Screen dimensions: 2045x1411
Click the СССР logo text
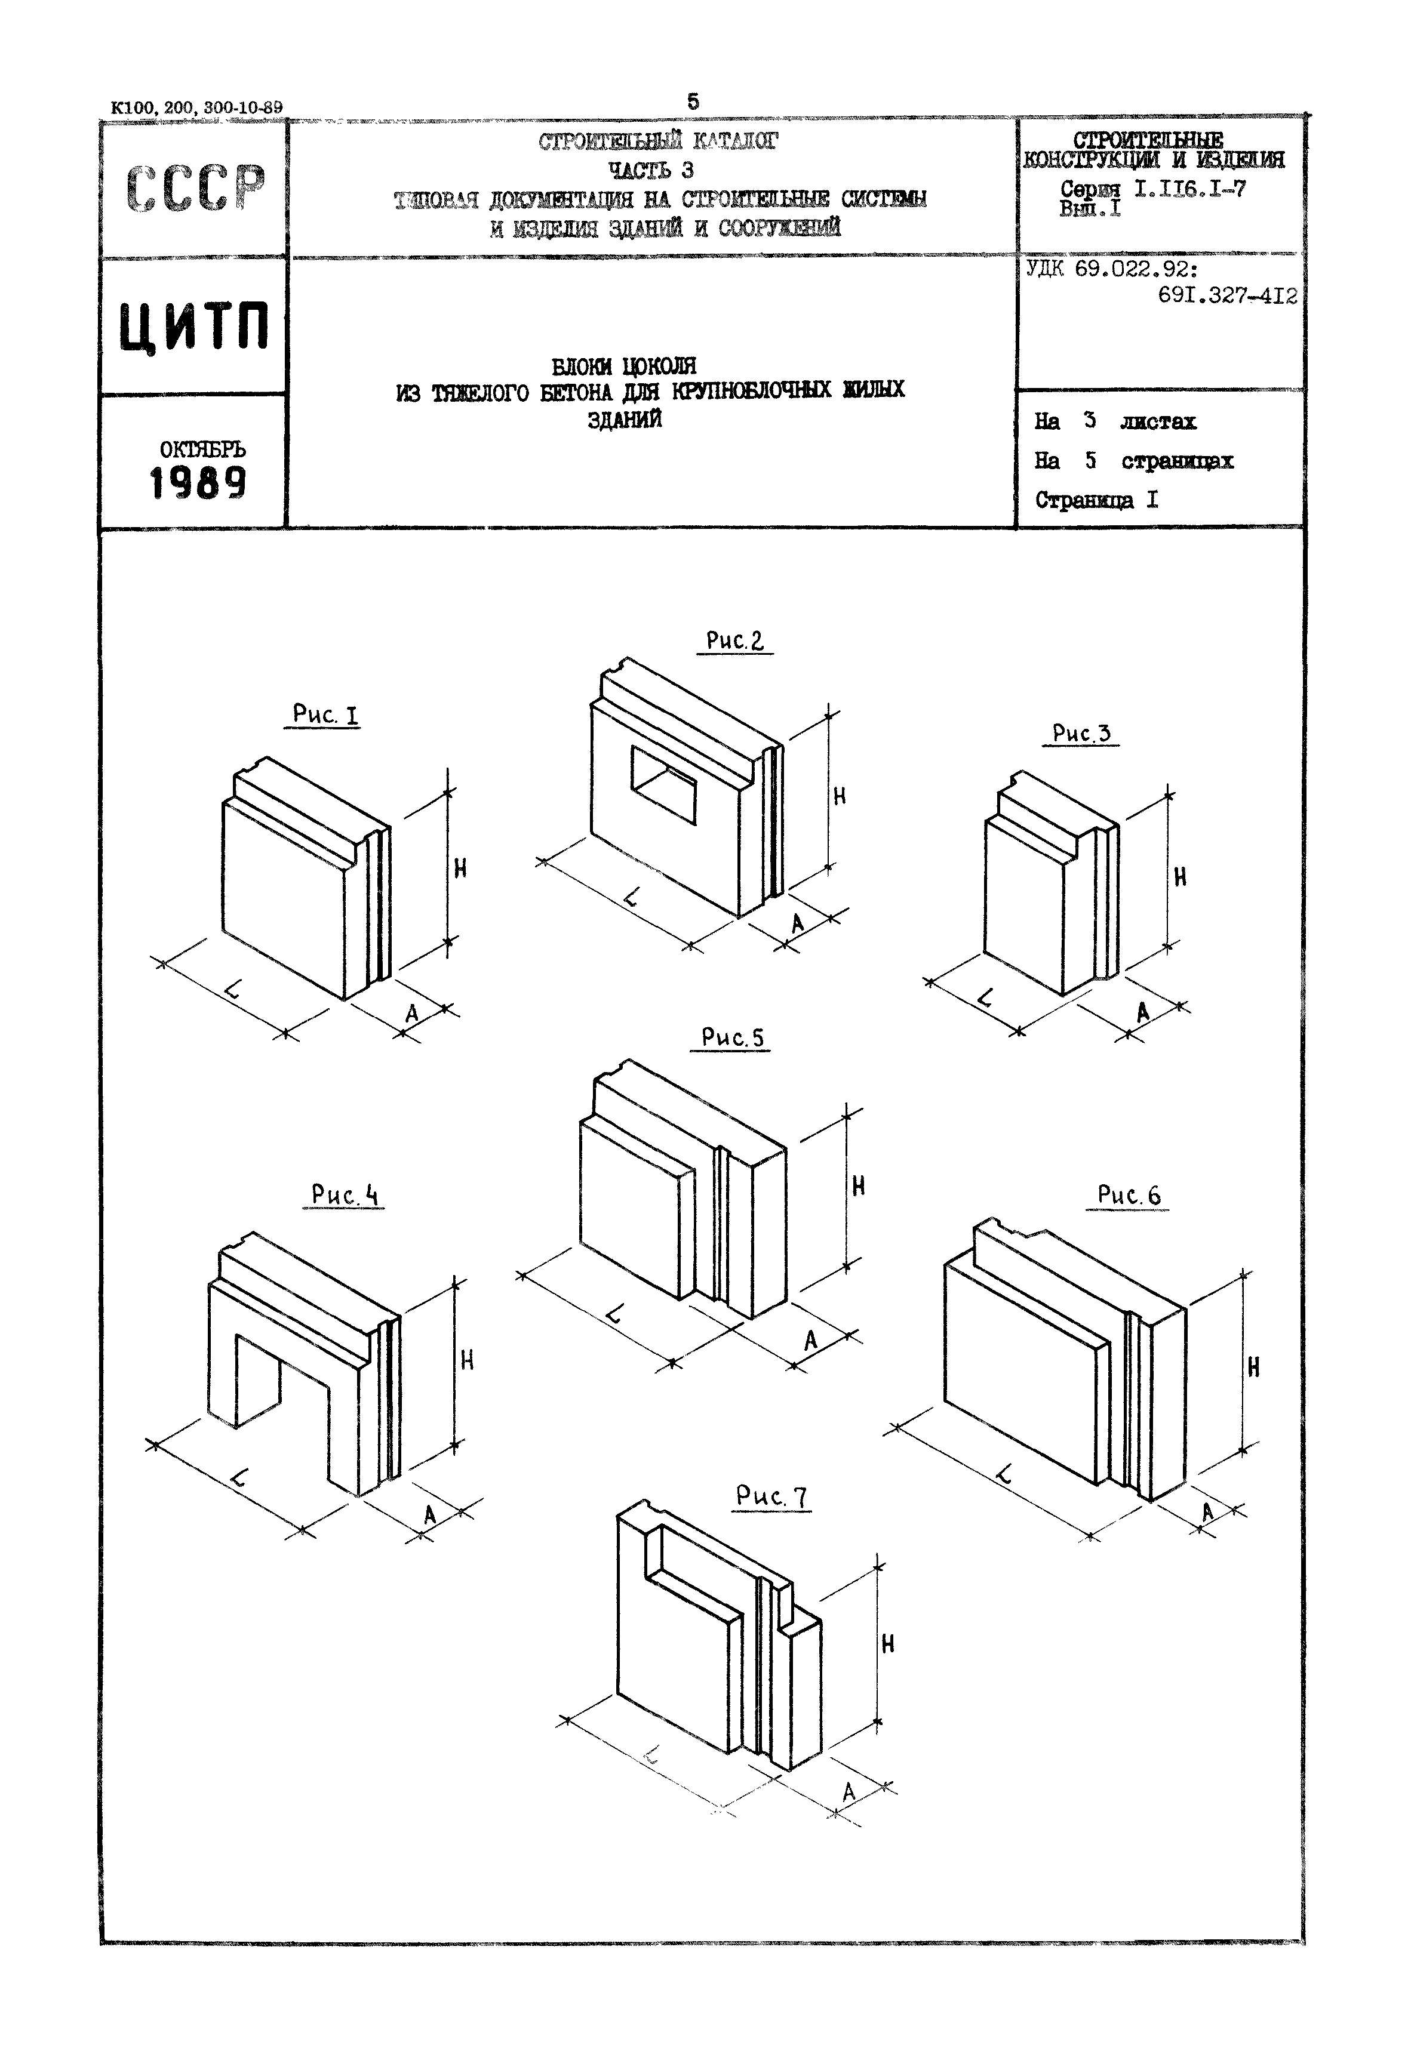pos(195,187)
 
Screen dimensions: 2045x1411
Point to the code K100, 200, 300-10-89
pos(196,108)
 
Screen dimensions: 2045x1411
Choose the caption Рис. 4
pos(344,1195)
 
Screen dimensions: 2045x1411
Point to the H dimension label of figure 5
pos(857,1187)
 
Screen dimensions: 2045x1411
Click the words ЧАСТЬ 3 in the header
pos(651,170)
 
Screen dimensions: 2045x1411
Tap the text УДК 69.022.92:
pos(1111,269)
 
